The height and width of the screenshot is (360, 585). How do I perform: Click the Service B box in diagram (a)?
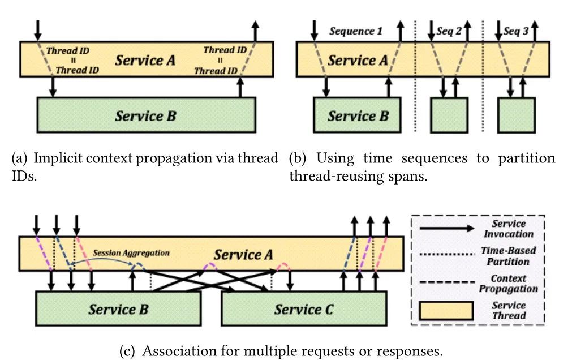pyautogui.click(x=146, y=116)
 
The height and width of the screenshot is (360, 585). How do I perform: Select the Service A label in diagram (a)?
pyautogui.click(x=145, y=59)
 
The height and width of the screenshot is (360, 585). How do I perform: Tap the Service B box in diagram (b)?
pyautogui.click(x=358, y=116)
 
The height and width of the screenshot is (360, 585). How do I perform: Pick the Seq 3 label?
pyautogui.click(x=516, y=31)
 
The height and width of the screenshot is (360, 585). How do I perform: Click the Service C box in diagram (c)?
pyautogui.click(x=304, y=309)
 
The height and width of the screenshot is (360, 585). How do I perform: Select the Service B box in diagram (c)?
pyautogui.click(x=118, y=309)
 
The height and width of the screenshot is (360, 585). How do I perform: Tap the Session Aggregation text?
pyautogui.click(x=131, y=253)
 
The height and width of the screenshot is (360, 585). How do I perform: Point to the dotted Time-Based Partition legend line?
pyautogui.click(x=447, y=256)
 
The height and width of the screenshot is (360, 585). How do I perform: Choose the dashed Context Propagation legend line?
pyautogui.click(x=447, y=283)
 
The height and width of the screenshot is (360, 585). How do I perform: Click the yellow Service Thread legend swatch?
pyautogui.click(x=446, y=311)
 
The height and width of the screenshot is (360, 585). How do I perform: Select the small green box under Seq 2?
pyautogui.click(x=449, y=115)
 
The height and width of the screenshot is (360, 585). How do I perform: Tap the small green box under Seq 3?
pyautogui.click(x=516, y=115)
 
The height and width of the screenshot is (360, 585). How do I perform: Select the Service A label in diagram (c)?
pyautogui.click(x=243, y=255)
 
